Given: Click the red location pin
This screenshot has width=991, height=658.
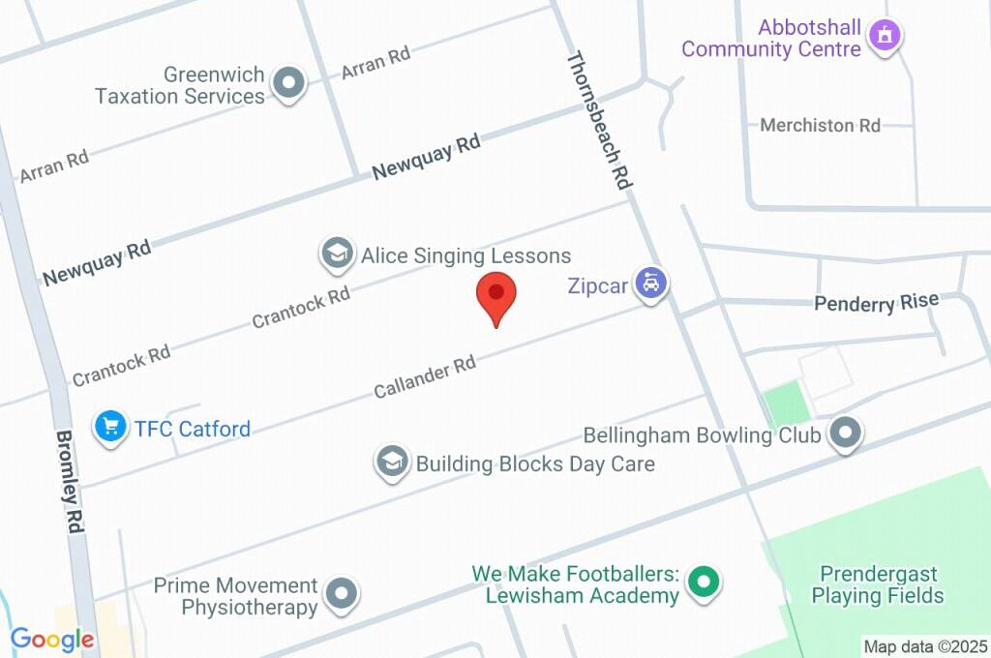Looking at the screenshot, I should [x=496, y=294].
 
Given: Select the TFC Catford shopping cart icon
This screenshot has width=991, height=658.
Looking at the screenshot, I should [x=110, y=426].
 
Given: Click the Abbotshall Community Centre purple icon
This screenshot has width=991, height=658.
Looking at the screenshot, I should [x=884, y=37].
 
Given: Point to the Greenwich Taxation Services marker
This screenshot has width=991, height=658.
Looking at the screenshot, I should [x=287, y=84].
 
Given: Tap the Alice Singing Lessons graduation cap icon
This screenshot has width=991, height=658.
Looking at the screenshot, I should [x=336, y=254].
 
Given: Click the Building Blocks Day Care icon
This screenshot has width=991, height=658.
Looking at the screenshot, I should [x=391, y=462].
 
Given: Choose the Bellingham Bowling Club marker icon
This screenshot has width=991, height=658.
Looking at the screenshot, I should [x=846, y=434].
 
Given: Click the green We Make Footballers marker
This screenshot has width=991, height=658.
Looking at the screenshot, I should [x=705, y=582].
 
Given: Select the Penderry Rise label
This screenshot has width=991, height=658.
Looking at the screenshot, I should [x=876, y=303].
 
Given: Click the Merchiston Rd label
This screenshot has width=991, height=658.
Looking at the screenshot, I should [x=820, y=126].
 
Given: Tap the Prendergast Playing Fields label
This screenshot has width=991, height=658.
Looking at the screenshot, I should [x=878, y=584].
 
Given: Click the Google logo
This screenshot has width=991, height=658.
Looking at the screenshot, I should [x=52, y=639].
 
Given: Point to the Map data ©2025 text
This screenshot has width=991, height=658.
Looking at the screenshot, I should [x=925, y=646].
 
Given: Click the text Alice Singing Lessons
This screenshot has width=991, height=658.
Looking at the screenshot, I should [x=465, y=255].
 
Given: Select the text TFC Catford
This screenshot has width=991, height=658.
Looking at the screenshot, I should [x=193, y=428].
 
